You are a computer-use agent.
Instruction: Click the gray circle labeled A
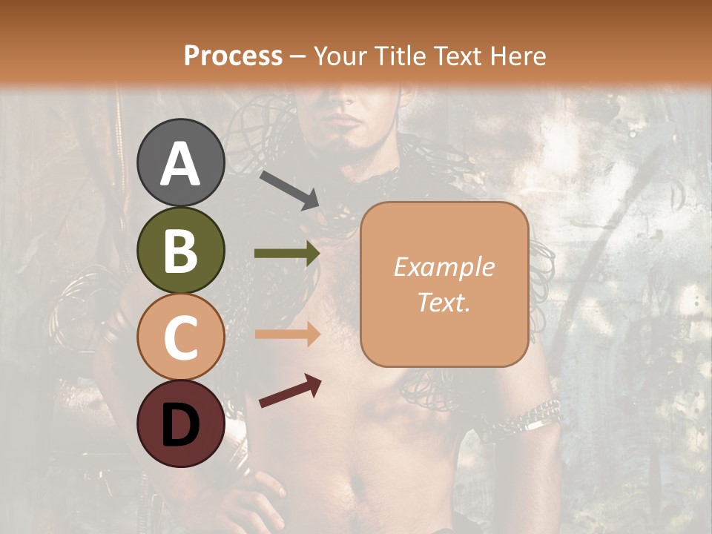point(181,162)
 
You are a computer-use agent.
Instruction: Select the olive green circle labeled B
point(181,250)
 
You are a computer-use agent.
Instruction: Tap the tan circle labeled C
point(181,337)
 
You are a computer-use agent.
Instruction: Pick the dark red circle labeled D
point(181,423)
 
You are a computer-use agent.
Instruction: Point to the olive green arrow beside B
point(287,254)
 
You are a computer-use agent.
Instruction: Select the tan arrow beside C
point(287,334)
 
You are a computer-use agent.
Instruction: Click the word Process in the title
point(233,56)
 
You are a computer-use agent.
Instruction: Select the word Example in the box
point(444,267)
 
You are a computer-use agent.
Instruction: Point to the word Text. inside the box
point(444,302)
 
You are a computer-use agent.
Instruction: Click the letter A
point(181,164)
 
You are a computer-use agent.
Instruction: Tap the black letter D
point(181,424)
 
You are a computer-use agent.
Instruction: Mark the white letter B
point(181,251)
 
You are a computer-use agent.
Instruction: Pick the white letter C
point(181,337)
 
